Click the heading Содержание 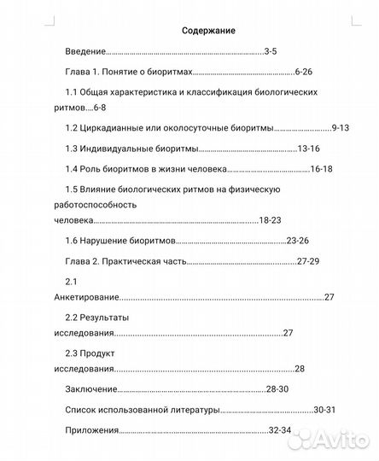coord(208,31)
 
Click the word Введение coord(85,52)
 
